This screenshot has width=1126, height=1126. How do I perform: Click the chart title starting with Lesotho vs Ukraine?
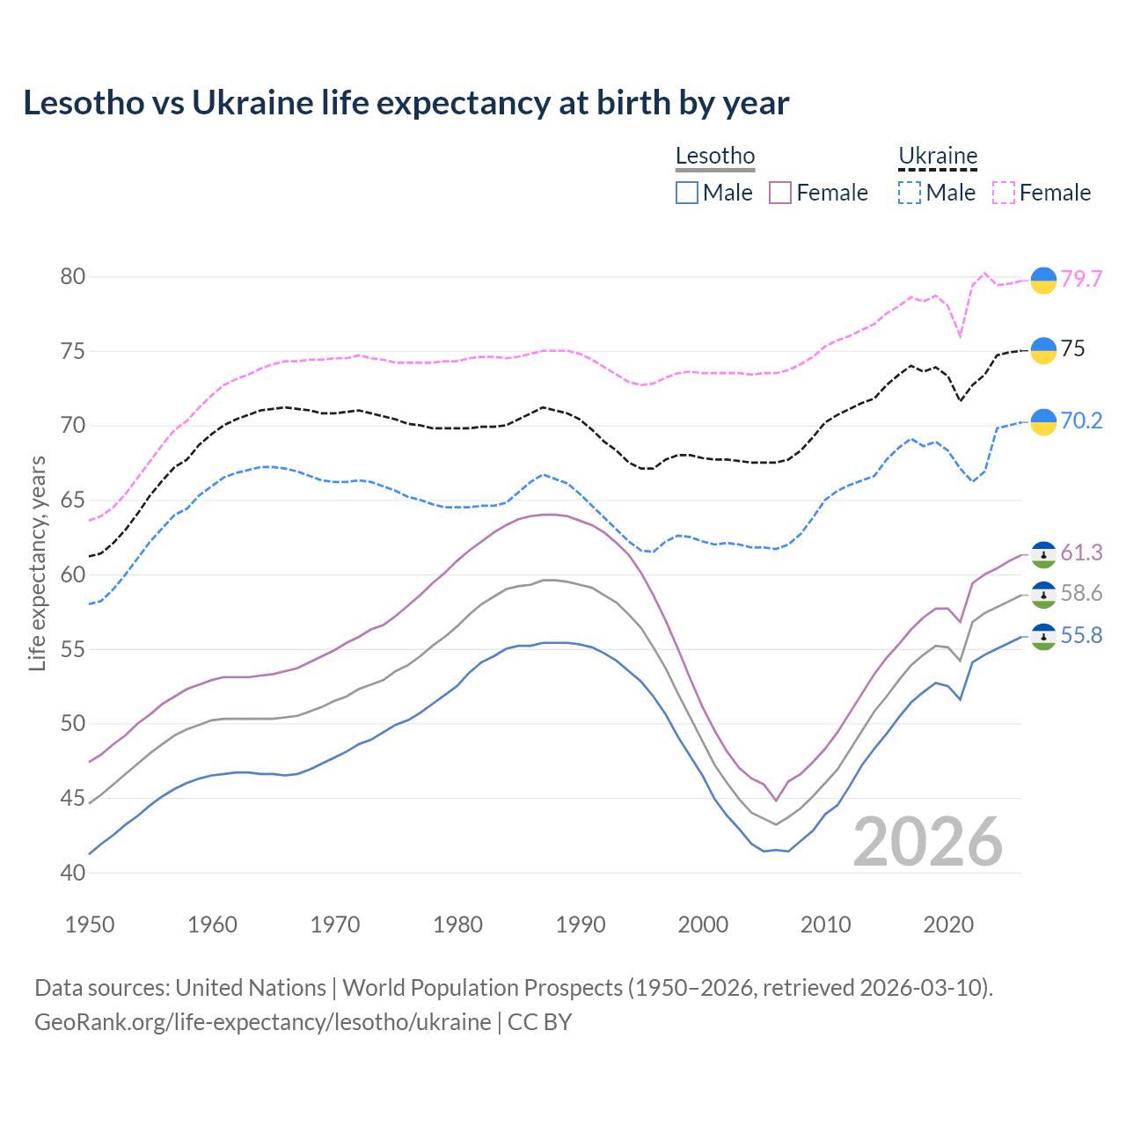[x=406, y=103]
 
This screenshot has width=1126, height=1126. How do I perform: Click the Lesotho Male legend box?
[x=687, y=193]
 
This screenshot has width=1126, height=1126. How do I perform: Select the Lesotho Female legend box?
[x=780, y=193]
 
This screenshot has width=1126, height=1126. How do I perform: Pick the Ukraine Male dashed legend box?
[x=910, y=193]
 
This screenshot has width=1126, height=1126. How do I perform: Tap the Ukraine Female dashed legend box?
[x=1004, y=193]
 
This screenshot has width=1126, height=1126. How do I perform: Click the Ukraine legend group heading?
[x=938, y=157]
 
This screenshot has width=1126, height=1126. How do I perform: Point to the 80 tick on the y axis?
[x=72, y=277]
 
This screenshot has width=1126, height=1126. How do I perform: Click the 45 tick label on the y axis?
[x=72, y=799]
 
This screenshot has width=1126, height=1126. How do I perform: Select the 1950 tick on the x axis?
[x=90, y=925]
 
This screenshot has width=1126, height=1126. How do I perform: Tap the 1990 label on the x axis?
[x=581, y=925]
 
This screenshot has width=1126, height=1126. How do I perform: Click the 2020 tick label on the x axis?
[x=948, y=925]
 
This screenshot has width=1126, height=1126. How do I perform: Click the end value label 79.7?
[x=1081, y=279]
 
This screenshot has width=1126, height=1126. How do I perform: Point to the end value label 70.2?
[x=1081, y=421]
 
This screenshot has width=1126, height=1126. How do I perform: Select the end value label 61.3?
[x=1081, y=552]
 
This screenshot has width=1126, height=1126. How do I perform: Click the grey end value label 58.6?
[x=1081, y=594]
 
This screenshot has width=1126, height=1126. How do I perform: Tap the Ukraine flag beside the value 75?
[x=1043, y=350]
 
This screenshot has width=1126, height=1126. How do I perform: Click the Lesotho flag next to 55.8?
[x=1043, y=636]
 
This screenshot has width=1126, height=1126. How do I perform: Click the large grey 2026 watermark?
[x=928, y=842]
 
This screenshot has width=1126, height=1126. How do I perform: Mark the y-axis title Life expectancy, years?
[x=38, y=563]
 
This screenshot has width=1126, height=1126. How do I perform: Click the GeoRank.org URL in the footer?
[x=262, y=1022]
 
